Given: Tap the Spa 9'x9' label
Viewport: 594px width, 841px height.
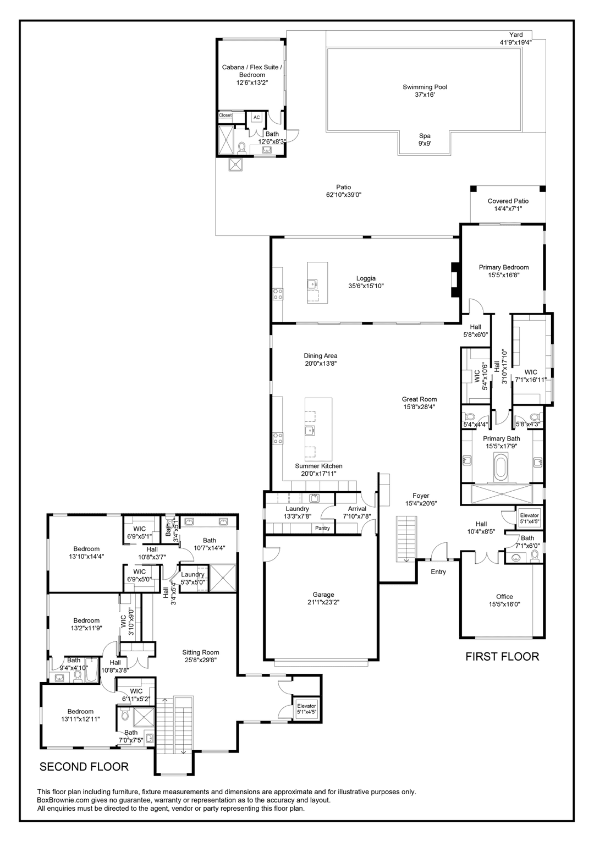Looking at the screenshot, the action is click(425, 139).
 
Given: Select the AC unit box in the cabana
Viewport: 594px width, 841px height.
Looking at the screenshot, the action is click(256, 118).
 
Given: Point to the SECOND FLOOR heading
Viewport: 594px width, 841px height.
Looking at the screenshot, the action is click(84, 766).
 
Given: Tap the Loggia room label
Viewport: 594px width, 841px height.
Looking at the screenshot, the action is click(366, 282).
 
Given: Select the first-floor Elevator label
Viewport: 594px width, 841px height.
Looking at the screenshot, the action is click(530, 519).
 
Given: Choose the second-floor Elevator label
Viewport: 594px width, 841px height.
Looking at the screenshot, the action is click(306, 709).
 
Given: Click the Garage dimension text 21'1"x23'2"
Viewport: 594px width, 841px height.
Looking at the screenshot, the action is click(323, 602).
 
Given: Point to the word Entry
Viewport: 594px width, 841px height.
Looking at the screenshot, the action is click(438, 572).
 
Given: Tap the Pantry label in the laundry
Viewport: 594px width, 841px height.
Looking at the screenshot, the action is click(322, 528).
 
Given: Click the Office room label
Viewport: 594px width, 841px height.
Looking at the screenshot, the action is click(504, 600).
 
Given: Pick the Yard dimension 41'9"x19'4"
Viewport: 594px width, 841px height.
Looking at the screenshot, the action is click(515, 42).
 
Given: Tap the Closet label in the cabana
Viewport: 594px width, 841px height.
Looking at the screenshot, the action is click(226, 116).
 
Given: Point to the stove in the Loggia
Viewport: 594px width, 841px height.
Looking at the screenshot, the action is click(278, 294).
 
